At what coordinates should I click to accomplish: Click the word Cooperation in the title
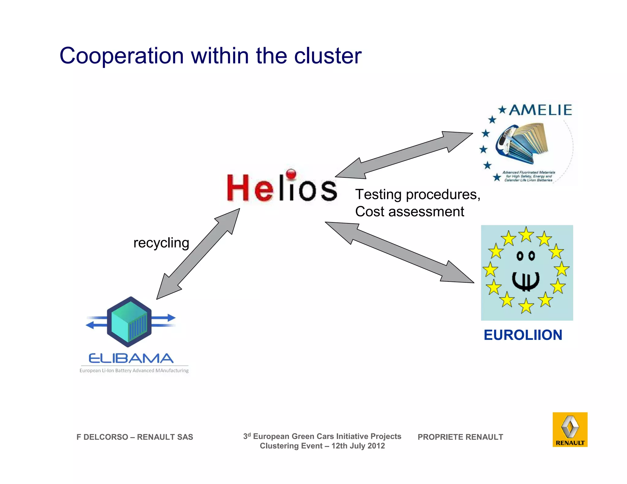[x=122, y=56]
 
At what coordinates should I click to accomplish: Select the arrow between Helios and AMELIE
[x=404, y=155]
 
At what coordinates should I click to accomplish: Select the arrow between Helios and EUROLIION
[x=400, y=252]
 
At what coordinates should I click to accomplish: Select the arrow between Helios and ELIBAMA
[x=198, y=254]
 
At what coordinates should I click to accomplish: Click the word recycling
[x=161, y=243]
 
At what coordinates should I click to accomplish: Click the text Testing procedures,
[x=418, y=195]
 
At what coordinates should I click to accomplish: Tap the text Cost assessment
[x=409, y=212]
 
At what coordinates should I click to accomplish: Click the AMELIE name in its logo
[x=540, y=110]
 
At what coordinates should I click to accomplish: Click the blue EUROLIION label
[x=523, y=335]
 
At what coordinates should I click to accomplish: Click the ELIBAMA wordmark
[x=131, y=358]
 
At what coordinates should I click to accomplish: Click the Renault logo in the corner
[x=570, y=430]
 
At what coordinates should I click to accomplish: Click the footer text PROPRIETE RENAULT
[x=460, y=437]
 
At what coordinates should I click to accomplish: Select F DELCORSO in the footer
[x=102, y=437]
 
